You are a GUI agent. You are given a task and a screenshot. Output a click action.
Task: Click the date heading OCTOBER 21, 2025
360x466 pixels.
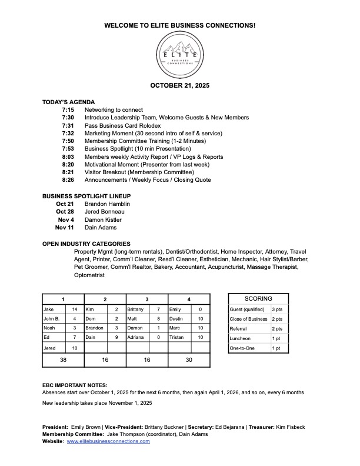click(179, 85)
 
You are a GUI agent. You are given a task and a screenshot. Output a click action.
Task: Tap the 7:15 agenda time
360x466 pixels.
click(68, 110)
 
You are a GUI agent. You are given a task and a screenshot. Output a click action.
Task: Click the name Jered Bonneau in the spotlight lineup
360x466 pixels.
click(105, 212)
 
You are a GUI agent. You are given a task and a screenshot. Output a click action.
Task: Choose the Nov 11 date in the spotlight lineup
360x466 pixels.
click(65, 227)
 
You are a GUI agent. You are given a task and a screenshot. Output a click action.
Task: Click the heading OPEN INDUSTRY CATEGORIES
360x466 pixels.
click(86, 244)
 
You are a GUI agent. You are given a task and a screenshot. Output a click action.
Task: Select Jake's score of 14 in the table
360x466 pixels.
click(75, 309)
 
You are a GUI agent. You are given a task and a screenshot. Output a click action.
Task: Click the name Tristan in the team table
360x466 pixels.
click(177, 337)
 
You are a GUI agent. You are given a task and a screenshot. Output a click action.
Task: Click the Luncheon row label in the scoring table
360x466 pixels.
click(240, 338)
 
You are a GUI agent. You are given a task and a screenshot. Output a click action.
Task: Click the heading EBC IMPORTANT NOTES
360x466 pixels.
click(75, 385)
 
